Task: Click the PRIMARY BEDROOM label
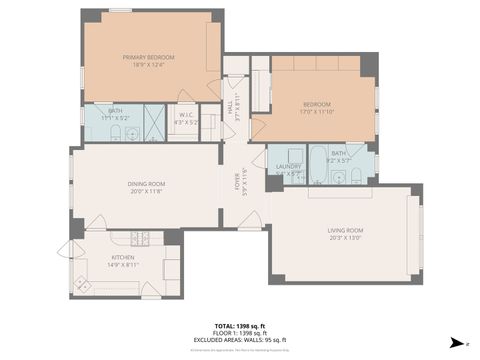coord(148,57)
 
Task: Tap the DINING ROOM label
coord(145,183)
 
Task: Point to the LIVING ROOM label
coord(345,231)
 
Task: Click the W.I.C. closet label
coord(187,114)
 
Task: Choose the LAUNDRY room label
coord(289,166)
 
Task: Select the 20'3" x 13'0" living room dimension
coord(345,239)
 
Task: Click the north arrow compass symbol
coord(458,342)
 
